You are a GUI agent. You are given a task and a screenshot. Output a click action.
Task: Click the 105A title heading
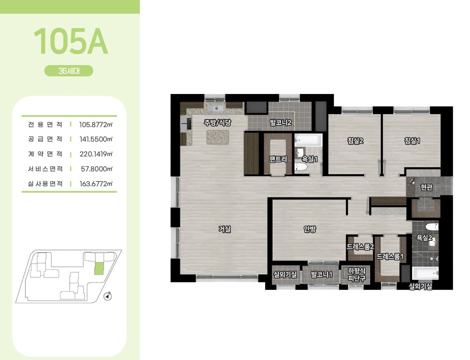[x=70, y=41]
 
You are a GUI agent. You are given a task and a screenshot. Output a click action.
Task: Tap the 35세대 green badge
[x=69, y=71]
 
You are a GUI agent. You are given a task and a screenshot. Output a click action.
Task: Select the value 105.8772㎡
[x=96, y=125]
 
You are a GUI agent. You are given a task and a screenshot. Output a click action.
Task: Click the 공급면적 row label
[x=45, y=139]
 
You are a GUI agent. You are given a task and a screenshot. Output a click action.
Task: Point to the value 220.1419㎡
[x=96, y=154]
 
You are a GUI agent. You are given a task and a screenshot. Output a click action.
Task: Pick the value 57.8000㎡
[x=97, y=169]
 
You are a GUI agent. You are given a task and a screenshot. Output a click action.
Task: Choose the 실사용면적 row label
[x=45, y=184]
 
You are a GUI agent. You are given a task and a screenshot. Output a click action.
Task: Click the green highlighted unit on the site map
[x=99, y=269]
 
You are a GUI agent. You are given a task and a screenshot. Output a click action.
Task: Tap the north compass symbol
[x=107, y=297]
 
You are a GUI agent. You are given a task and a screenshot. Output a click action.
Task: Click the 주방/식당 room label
[x=217, y=123]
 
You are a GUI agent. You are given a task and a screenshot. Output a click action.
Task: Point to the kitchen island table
[x=218, y=137]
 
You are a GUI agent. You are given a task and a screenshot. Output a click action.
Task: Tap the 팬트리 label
[x=278, y=159]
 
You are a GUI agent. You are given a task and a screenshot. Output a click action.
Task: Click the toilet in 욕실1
[x=301, y=167]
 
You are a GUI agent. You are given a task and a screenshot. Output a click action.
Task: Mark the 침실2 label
[x=355, y=141]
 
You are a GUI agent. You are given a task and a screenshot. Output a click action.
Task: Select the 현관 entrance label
[x=427, y=187]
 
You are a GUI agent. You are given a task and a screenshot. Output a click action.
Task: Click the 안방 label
[x=310, y=229]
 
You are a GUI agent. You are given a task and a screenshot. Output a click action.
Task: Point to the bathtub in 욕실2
[x=425, y=273]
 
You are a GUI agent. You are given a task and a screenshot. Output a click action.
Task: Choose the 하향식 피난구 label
[x=357, y=274]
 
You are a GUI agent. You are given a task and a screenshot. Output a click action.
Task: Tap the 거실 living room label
[x=225, y=229]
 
